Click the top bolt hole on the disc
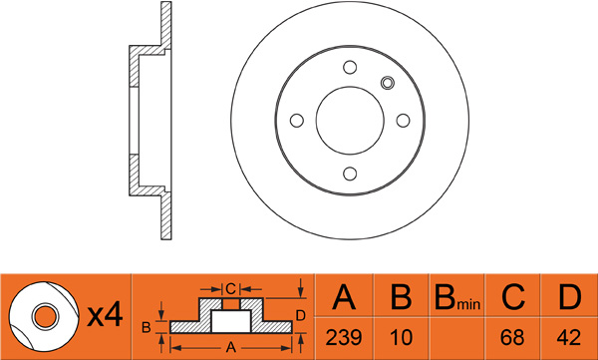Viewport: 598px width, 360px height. click(350, 67)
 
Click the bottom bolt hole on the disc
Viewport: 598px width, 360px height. click(350, 174)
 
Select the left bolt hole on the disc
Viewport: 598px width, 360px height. click(297, 121)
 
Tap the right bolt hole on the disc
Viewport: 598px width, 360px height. click(403, 121)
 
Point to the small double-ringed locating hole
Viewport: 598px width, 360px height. click(388, 83)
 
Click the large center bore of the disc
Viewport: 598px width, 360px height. click(350, 121)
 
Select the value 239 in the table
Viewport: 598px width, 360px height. click(344, 337)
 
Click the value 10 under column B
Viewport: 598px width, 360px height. click(402, 337)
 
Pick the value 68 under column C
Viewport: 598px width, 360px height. click(512, 337)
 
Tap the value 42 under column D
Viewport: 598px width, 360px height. click(569, 337)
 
